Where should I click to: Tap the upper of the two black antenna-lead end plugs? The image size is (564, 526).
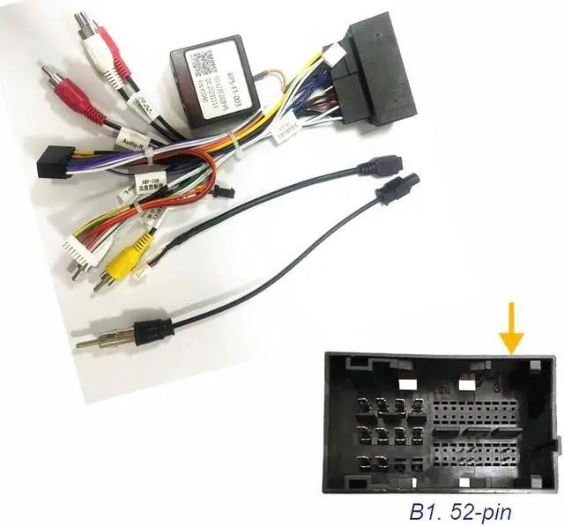pos(385,166)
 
